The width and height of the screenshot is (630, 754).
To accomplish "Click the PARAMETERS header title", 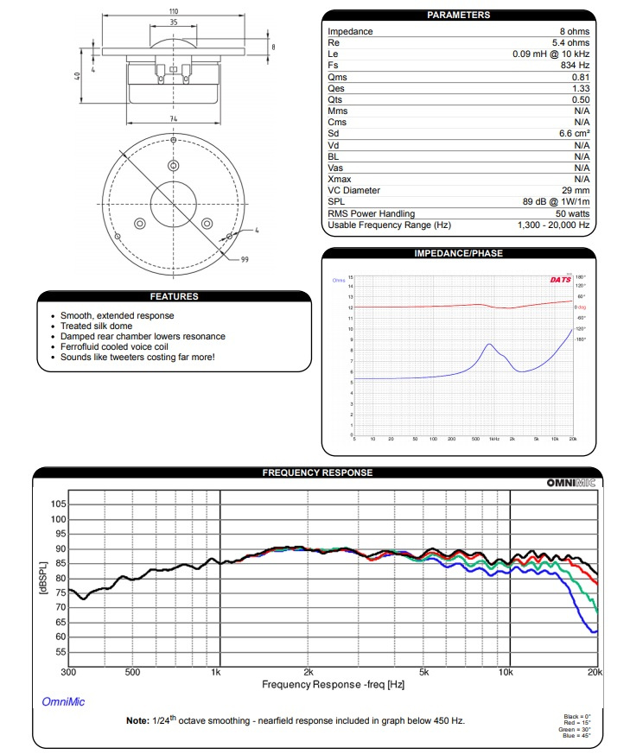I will click(x=458, y=15).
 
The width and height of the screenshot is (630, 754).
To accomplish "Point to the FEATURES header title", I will click(x=174, y=296).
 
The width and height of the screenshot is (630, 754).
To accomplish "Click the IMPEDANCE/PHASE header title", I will click(x=458, y=253).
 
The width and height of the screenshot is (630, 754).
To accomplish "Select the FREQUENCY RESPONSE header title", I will click(x=317, y=472).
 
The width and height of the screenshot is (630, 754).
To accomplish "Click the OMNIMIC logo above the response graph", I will click(x=570, y=483).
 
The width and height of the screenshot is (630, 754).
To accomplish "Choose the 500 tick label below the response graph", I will click(x=132, y=671).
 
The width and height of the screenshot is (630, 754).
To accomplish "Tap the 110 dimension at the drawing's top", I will click(x=174, y=11).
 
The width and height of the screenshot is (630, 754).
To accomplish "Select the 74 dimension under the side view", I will click(x=174, y=118).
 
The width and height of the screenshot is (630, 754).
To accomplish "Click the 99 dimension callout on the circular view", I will click(x=245, y=258).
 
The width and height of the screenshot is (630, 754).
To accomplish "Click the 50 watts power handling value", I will click(x=572, y=213).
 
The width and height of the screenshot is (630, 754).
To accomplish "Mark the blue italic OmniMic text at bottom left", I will click(x=64, y=702).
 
